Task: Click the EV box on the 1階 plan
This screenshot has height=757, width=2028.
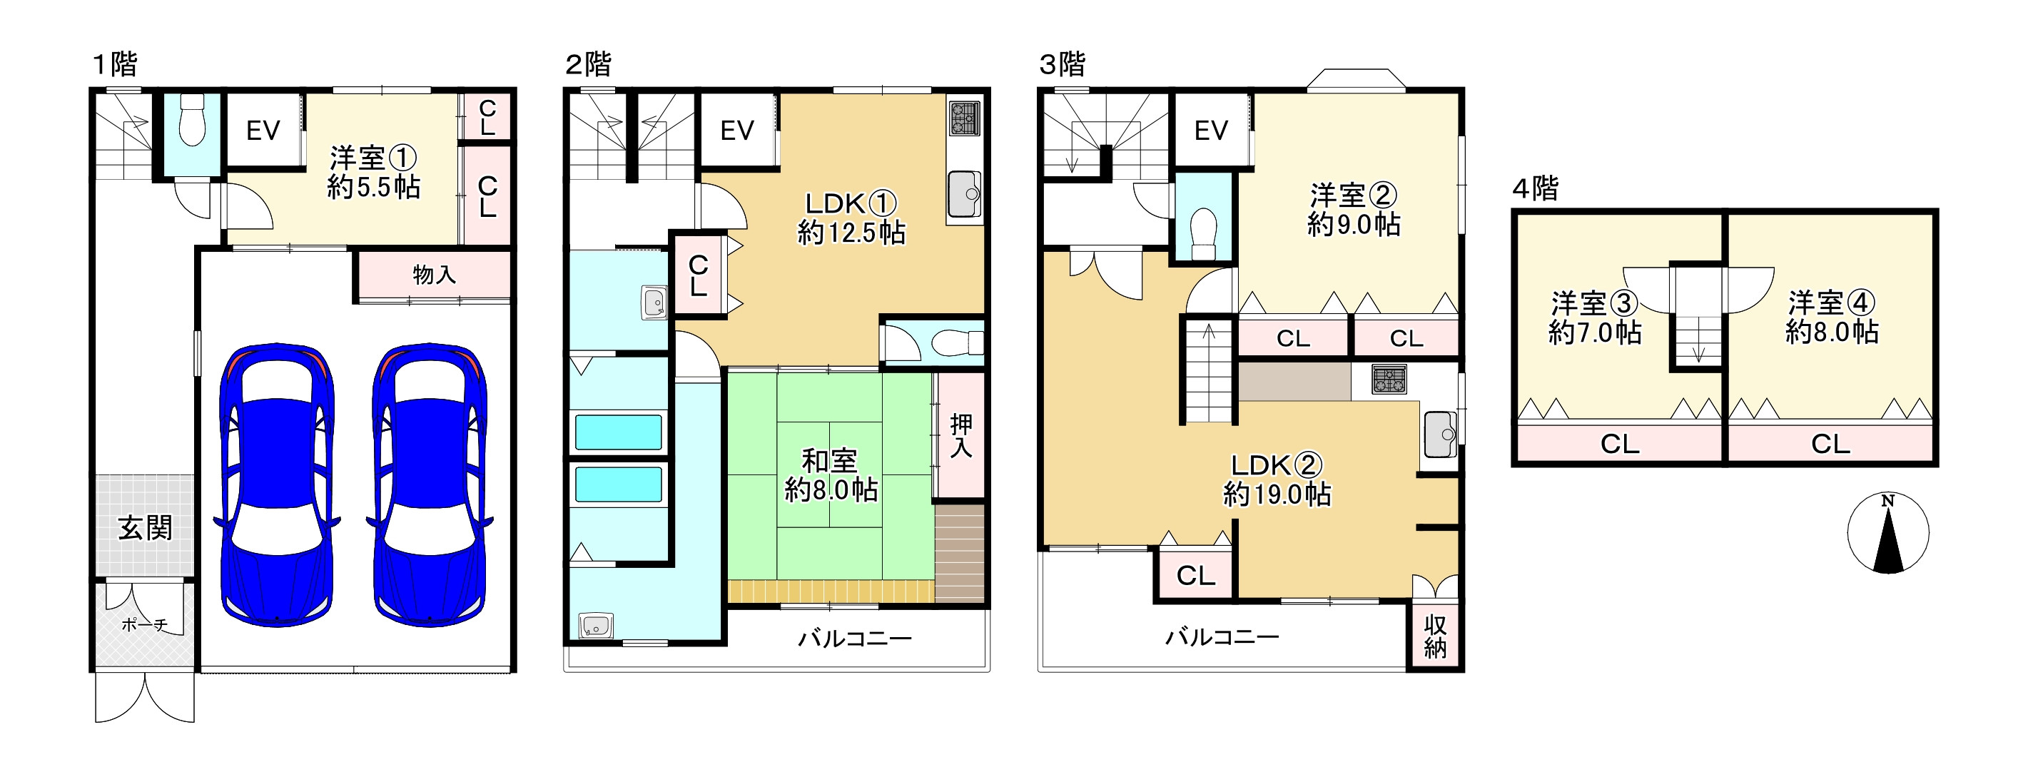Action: pos(263,131)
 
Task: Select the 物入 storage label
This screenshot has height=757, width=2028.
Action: pos(434,275)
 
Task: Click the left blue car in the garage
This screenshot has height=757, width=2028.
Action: pos(276,484)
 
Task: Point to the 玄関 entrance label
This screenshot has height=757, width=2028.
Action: pos(145,528)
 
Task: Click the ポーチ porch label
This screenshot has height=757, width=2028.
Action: pos(145,625)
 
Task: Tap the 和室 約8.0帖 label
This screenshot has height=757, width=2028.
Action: pos(831,475)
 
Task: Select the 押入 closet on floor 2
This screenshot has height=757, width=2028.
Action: pos(960,435)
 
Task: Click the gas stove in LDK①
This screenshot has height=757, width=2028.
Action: pos(964,118)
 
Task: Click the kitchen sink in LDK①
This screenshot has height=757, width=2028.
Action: pos(964,193)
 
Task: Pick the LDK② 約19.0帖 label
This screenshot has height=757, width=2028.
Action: pos(1276,479)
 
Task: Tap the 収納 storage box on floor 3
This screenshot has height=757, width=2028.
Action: pos(1434,636)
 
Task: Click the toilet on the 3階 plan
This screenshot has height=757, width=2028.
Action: pos(1204,232)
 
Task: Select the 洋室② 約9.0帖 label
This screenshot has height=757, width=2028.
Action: pos(1354,209)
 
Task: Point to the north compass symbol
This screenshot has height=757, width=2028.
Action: pos(1888,533)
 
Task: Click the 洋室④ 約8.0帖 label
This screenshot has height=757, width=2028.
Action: pos(1831,317)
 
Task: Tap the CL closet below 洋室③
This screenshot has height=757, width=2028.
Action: pos(1619,444)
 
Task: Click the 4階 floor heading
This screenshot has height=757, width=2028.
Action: pos(1535,189)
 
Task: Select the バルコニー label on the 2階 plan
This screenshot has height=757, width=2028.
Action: pos(855,637)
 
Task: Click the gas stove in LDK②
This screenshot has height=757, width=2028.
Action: pos(1389,380)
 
